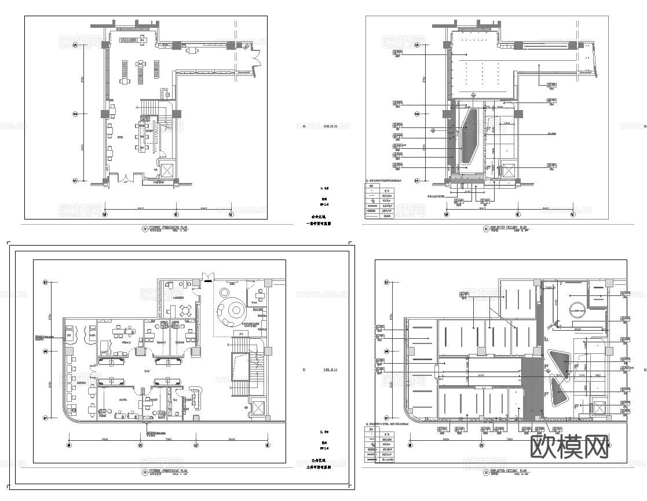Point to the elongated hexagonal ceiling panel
(469, 136)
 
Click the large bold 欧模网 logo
(570, 448)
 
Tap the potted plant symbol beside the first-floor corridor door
(247, 46)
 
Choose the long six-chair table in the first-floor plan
(144, 136)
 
